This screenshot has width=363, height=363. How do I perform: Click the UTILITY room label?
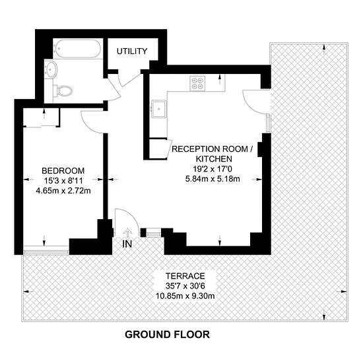point(132,51)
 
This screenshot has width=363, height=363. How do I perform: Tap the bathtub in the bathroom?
point(79,49)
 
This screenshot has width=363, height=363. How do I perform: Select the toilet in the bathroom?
point(63,91)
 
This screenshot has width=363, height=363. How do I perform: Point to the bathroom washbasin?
point(51,69)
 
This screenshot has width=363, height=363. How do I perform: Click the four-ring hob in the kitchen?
point(198,83)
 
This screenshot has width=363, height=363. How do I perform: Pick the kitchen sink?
point(158,109)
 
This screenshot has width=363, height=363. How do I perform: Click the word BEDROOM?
point(63,171)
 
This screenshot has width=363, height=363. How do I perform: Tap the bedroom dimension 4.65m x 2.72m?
point(63,191)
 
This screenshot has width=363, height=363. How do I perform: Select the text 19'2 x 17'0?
point(213,169)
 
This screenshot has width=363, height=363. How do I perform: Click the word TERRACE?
point(185,276)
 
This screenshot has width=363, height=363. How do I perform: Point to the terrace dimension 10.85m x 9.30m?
point(185,296)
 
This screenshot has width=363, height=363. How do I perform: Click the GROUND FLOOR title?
point(168,335)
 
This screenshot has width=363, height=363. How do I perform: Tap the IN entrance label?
point(127,244)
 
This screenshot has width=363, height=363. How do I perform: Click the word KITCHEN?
point(214,159)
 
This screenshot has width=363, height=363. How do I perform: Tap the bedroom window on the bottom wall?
point(46,252)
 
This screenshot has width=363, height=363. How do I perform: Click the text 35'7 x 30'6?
point(185,286)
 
